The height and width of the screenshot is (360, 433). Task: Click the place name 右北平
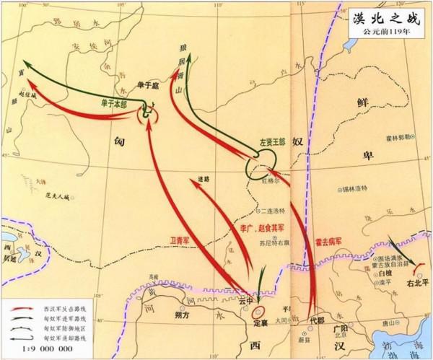406,284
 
